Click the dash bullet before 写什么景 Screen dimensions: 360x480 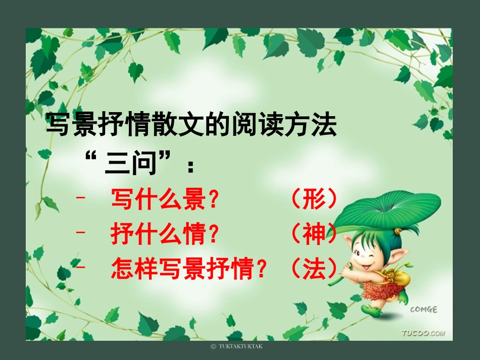(x=79, y=198)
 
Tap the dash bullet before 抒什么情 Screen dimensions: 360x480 (x=79, y=233)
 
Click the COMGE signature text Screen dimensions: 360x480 (x=423, y=310)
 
